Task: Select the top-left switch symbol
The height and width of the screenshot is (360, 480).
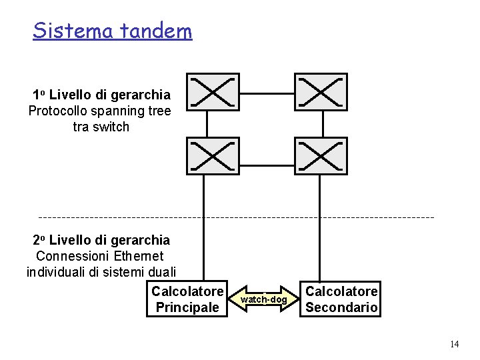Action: tap(212, 92)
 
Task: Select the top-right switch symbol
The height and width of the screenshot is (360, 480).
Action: tap(321, 92)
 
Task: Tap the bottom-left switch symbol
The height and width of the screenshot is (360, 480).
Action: tap(212, 156)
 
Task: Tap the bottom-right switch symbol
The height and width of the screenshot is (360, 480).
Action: tap(321, 156)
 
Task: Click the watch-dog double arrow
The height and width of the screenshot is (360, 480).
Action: tap(264, 299)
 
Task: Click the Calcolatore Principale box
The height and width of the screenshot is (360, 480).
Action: tap(187, 299)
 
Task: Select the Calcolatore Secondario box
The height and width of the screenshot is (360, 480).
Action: tap(341, 299)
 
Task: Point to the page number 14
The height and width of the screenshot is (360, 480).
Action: tap(455, 344)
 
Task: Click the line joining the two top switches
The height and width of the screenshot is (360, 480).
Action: tap(266, 93)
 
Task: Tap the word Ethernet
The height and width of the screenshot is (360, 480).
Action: tap(139, 256)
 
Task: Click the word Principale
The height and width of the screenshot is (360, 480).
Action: tap(187, 307)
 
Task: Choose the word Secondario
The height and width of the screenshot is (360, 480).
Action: tap(341, 307)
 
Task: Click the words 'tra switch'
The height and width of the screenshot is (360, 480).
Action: tap(101, 127)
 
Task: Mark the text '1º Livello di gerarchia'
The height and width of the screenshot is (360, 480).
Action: tap(101, 95)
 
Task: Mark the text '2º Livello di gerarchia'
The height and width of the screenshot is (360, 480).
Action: tap(101, 240)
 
